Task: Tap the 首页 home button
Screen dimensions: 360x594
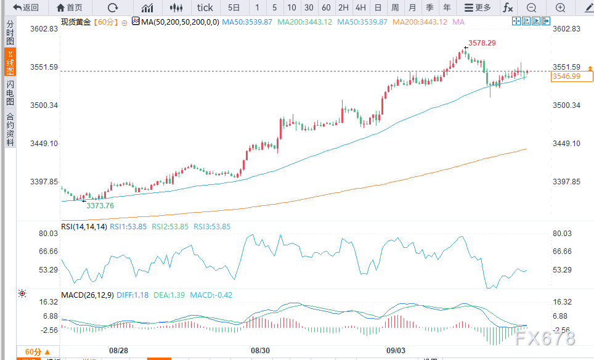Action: pyautogui.click(x=69, y=7)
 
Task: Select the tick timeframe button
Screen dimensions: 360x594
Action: pyautogui.click(x=205, y=7)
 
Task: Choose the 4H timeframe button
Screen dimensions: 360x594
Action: pyautogui.click(x=360, y=7)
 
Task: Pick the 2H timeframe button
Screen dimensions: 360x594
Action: pyautogui.click(x=343, y=7)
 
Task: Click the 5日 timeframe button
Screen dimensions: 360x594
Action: pyautogui.click(x=234, y=7)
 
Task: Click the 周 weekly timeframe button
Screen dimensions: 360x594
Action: pyautogui.click(x=395, y=7)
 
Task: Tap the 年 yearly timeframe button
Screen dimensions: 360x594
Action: pyautogui.click(x=447, y=7)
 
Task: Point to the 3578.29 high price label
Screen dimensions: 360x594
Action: pyautogui.click(x=482, y=43)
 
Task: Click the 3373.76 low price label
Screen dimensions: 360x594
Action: pyautogui.click(x=100, y=205)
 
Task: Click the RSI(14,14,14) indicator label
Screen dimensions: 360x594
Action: pyautogui.click(x=84, y=226)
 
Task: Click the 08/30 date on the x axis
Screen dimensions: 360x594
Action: pyautogui.click(x=260, y=350)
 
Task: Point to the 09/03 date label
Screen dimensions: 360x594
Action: pyautogui.click(x=396, y=350)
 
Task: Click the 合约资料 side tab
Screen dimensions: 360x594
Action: pyautogui.click(x=10, y=129)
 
